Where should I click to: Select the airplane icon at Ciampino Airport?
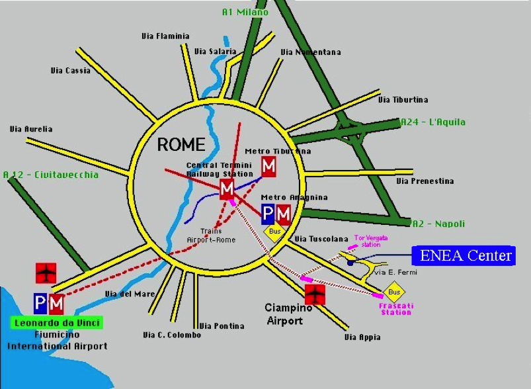pos(315,293)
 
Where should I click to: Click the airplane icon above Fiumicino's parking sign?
pos(46,272)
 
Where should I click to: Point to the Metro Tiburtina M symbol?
pos(268,166)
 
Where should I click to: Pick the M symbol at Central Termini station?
pos(227,190)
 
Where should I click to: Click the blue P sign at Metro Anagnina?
pos(268,214)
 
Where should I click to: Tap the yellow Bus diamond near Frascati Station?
pos(394,292)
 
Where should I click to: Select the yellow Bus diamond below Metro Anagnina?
pos(274,232)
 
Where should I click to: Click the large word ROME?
pos(181,144)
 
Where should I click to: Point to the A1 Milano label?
pos(245,12)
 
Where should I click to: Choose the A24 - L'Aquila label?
pos(433,122)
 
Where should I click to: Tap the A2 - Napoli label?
pos(438,224)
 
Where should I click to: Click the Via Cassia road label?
pos(70,70)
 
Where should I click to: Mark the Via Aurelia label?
pos(30,129)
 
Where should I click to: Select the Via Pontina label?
pos(222,325)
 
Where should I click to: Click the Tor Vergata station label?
pos(372,240)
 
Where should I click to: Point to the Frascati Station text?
pos(395,309)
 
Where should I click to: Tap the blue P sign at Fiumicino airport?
pos(40,304)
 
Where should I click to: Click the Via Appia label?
pos(362,337)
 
